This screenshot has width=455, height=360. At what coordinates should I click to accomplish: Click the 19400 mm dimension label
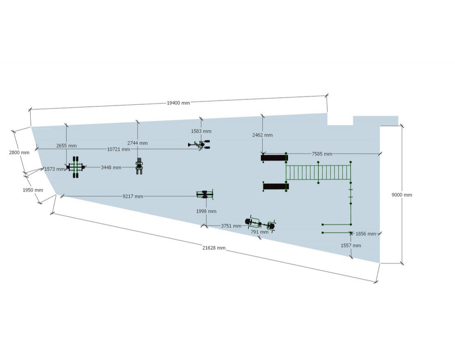pos(178,103)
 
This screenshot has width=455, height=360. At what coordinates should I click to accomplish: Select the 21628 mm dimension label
pos(214,248)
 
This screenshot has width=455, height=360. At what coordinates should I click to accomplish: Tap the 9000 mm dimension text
pos(402,195)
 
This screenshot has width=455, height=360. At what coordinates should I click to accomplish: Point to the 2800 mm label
pos(19,152)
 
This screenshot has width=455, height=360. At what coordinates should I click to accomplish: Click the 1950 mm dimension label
pos(33,190)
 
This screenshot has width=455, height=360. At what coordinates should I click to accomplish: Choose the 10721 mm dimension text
pos(118,149)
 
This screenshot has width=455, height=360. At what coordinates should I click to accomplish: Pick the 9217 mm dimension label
pos(133,197)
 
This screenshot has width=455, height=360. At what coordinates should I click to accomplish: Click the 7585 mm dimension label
pos(322,154)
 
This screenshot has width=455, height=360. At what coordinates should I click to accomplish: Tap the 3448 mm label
pos(111,168)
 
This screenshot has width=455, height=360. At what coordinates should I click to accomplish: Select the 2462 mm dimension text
pos(263,135)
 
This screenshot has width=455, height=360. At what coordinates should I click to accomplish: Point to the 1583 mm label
pos(201,131)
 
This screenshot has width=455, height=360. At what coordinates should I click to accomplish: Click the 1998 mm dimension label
pos(206,211)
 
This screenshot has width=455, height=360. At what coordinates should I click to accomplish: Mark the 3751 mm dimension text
pos(231,226)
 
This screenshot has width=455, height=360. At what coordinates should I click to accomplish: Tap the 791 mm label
pos(259,232)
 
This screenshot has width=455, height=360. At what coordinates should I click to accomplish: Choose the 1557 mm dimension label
pos(351,246)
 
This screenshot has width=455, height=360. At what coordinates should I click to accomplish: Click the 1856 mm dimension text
pos(366,234)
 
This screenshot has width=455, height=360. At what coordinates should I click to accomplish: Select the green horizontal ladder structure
pos(318,172)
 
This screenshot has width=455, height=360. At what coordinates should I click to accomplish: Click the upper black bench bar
pos(274,158)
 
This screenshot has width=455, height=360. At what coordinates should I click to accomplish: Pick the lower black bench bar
pos(275,187)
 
